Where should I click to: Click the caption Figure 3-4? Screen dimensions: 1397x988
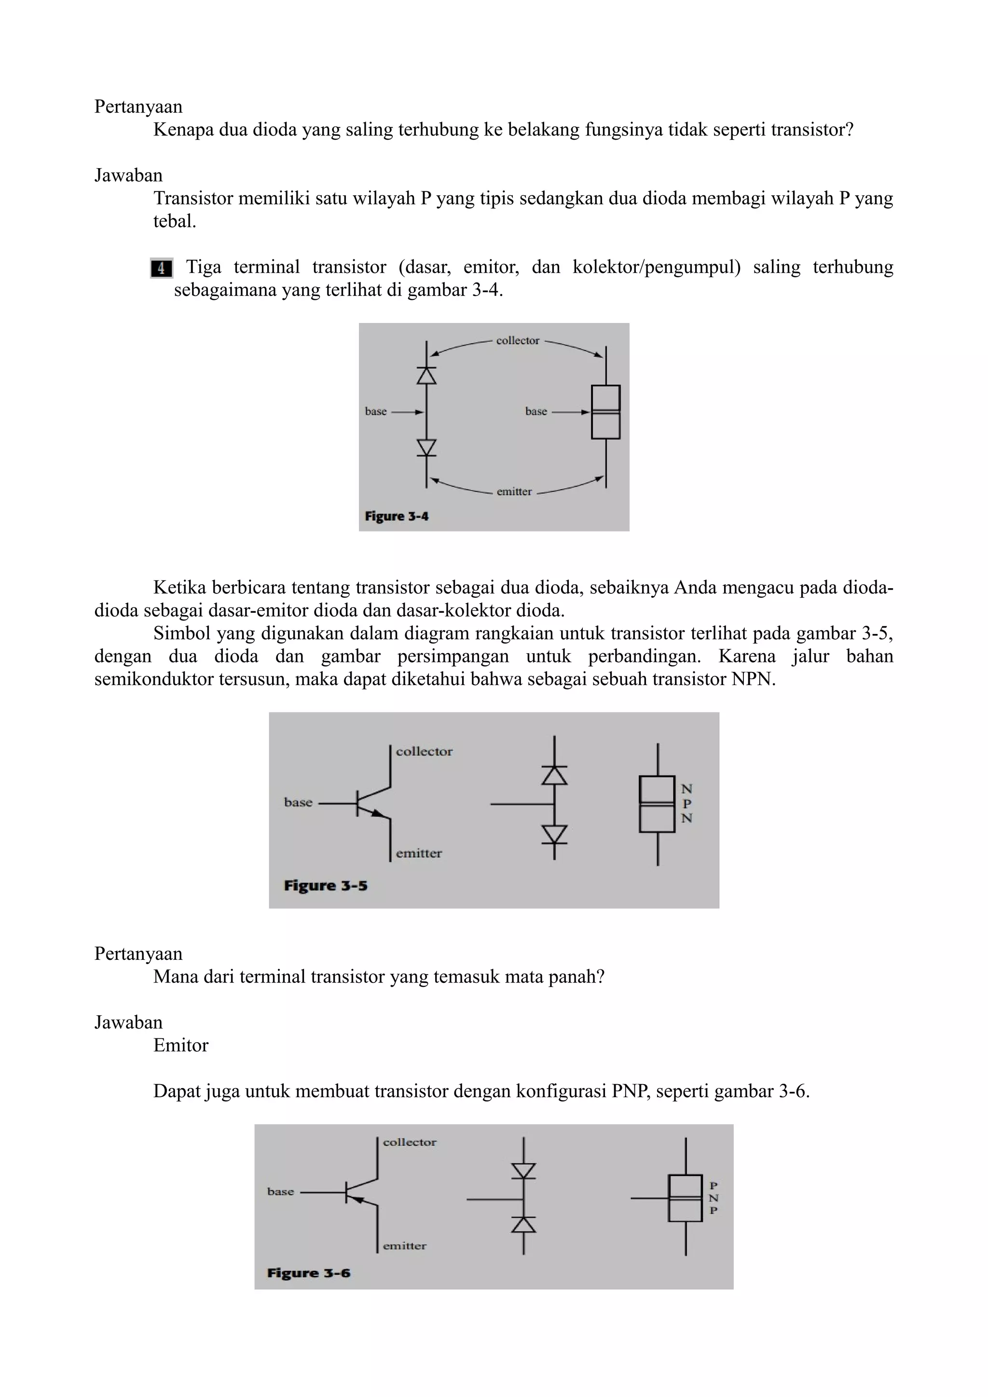tap(396, 516)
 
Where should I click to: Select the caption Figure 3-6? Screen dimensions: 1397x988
tap(309, 1273)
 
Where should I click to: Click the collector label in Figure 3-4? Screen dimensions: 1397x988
tap(518, 341)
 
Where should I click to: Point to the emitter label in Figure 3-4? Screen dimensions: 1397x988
tap(514, 492)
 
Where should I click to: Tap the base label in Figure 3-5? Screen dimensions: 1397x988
tap(298, 803)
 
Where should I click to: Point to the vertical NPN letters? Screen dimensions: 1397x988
tap(686, 803)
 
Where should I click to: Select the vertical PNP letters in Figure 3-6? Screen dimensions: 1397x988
tap(714, 1198)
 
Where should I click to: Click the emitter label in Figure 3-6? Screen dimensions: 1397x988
tap(404, 1246)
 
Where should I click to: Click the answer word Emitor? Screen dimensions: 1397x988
tap(181, 1045)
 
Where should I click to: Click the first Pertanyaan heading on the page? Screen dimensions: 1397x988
tap(138, 107)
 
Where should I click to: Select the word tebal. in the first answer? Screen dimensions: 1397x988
tap(175, 221)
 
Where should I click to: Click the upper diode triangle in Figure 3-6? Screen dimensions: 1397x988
tap(523, 1170)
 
